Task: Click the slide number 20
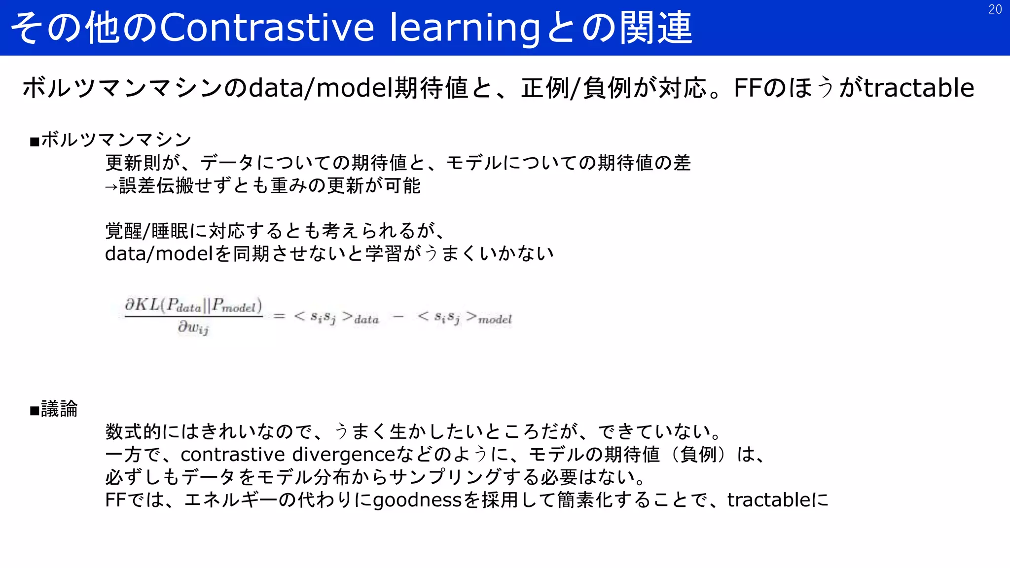point(995,9)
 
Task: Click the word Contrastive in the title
point(267,28)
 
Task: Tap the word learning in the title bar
point(465,28)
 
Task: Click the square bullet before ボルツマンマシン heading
point(35,142)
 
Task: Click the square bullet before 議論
point(35,411)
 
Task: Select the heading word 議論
point(59,409)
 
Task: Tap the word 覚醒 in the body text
point(123,231)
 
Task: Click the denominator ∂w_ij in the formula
point(193,327)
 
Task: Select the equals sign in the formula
point(279,316)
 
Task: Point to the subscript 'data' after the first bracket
point(366,320)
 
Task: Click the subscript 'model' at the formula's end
point(495,320)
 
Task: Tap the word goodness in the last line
point(417,500)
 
